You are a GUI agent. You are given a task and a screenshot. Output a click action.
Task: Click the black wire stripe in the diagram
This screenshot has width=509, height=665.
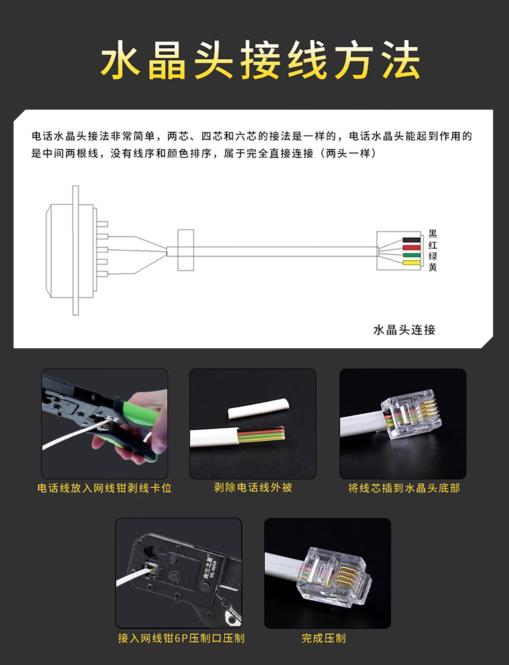[411, 240]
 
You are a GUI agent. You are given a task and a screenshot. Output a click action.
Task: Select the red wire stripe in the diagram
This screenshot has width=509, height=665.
[411, 247]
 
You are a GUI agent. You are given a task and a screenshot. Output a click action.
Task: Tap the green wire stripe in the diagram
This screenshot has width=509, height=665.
[411, 255]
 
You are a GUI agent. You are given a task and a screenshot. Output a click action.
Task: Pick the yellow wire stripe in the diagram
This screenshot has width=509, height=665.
[411, 263]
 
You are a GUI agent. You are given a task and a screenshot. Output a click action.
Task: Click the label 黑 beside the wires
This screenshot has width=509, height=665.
[433, 234]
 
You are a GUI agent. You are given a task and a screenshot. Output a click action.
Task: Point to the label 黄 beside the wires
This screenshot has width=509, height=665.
[433, 267]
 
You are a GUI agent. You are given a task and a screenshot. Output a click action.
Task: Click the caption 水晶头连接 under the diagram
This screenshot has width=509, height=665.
[404, 330]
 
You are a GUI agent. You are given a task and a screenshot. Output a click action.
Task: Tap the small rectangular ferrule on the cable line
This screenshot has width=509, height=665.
[186, 250]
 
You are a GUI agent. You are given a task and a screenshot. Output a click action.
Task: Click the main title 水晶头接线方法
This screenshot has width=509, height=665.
[260, 60]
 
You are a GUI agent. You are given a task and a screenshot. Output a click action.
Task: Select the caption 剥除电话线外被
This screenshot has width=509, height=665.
[253, 487]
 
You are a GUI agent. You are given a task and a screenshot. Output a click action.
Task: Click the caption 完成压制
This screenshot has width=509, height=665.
[324, 638]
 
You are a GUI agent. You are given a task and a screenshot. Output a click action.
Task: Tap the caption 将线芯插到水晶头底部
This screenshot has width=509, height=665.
[404, 488]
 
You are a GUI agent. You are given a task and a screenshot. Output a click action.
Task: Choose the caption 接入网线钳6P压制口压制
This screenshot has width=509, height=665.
[181, 638]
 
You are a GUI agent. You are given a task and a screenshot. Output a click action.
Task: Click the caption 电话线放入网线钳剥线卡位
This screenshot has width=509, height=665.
[105, 488]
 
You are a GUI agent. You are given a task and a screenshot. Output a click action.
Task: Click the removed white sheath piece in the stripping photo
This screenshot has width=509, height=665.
[259, 408]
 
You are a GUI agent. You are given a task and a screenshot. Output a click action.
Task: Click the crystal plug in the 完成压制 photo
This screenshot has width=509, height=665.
[334, 577]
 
